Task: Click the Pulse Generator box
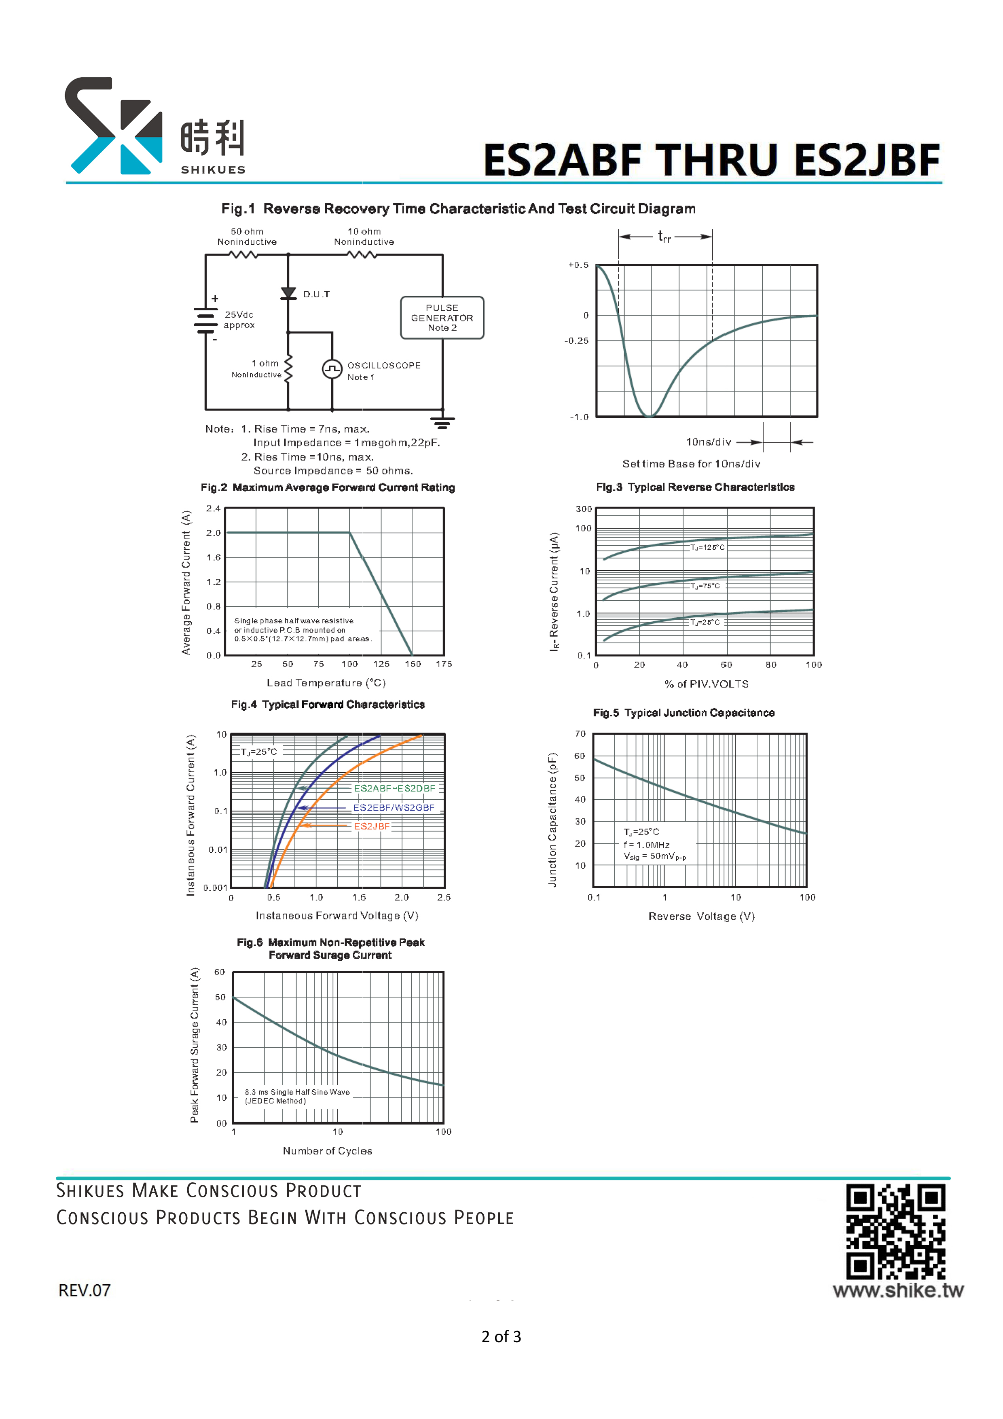tap(442, 318)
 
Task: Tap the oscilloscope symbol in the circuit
tap(332, 369)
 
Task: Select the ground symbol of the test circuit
tap(442, 423)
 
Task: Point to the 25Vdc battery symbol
tap(205, 320)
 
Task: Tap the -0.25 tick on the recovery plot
tap(577, 341)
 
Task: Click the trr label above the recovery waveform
tap(664, 236)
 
